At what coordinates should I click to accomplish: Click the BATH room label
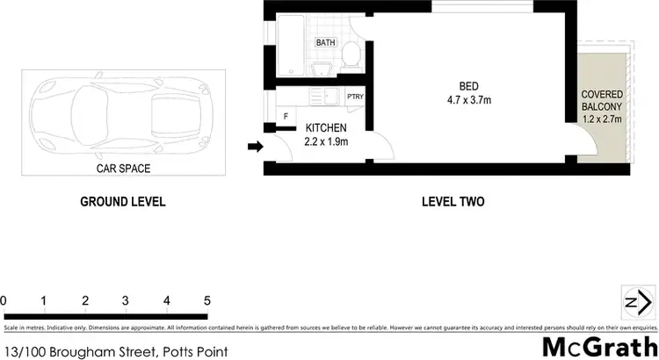(x=326, y=42)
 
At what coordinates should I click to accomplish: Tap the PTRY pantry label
(x=355, y=97)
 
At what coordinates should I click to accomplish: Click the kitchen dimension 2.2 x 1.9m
(x=326, y=140)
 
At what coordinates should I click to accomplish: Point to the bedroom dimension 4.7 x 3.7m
(x=467, y=100)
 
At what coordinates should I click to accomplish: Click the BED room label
(x=468, y=86)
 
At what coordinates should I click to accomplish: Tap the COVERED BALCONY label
(x=602, y=100)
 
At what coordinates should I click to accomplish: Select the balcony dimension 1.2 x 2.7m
(x=602, y=119)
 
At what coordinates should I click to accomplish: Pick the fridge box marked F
(x=286, y=116)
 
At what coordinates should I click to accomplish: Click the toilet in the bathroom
(x=350, y=54)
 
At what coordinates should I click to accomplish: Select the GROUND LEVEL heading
(x=122, y=202)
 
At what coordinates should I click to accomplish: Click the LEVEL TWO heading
(x=453, y=202)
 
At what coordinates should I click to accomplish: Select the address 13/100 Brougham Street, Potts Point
(x=116, y=351)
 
